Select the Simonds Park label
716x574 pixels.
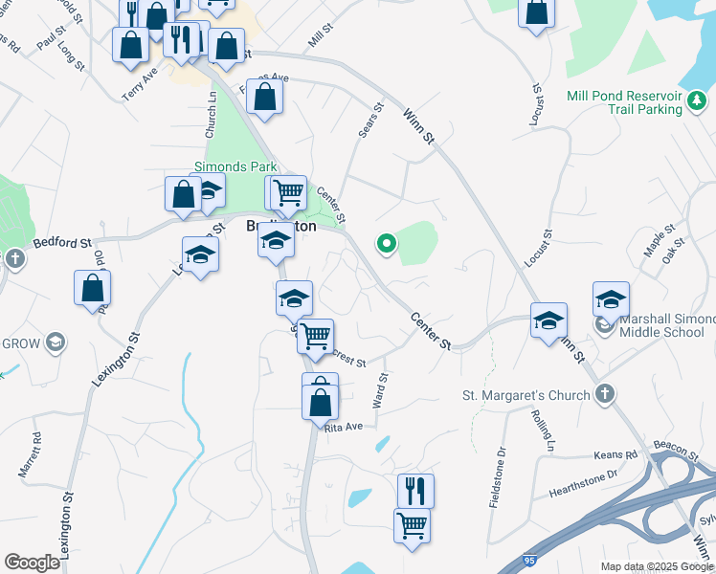click(x=235, y=166)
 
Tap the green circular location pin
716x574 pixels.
click(x=387, y=244)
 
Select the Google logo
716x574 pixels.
click(x=32, y=563)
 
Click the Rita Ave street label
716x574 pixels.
click(x=345, y=427)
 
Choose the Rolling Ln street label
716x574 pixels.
click(x=543, y=430)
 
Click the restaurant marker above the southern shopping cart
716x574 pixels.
click(x=415, y=491)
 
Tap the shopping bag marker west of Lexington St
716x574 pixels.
click(x=92, y=288)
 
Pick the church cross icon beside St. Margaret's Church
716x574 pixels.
click(x=605, y=394)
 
